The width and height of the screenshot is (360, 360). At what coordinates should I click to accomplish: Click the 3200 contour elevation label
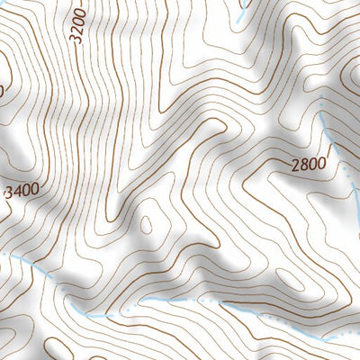(77, 25)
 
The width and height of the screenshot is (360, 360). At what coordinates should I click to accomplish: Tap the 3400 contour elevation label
(22, 191)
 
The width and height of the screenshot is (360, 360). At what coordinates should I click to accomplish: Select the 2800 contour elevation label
(308, 164)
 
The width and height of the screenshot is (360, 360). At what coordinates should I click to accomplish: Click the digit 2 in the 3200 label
(77, 30)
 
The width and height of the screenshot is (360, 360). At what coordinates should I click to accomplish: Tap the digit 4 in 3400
(18, 192)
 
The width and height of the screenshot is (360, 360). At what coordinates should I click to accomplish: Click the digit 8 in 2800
(303, 165)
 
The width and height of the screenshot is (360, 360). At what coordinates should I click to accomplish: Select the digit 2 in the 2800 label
(295, 166)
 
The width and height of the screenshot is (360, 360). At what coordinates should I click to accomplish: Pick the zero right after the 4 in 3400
(26, 190)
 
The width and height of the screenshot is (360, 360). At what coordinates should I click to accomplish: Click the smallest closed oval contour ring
(148, 223)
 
